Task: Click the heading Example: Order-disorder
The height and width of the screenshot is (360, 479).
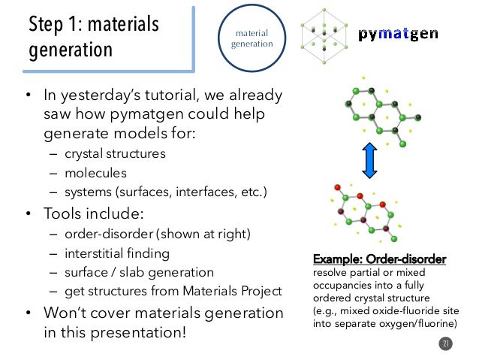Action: [379, 259]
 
